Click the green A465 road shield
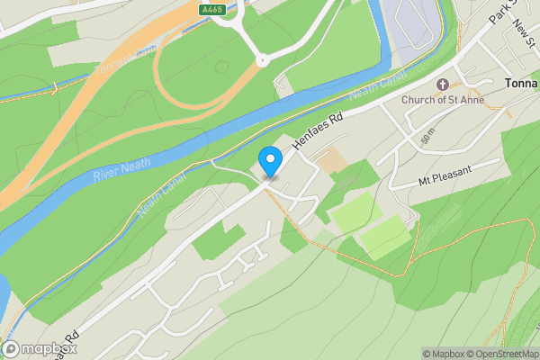click(211, 9)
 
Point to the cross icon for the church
click(442, 85)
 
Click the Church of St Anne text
click(442, 100)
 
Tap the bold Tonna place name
click(519, 84)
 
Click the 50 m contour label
click(427, 137)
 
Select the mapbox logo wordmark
click(44, 349)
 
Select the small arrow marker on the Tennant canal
click(54, 88)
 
